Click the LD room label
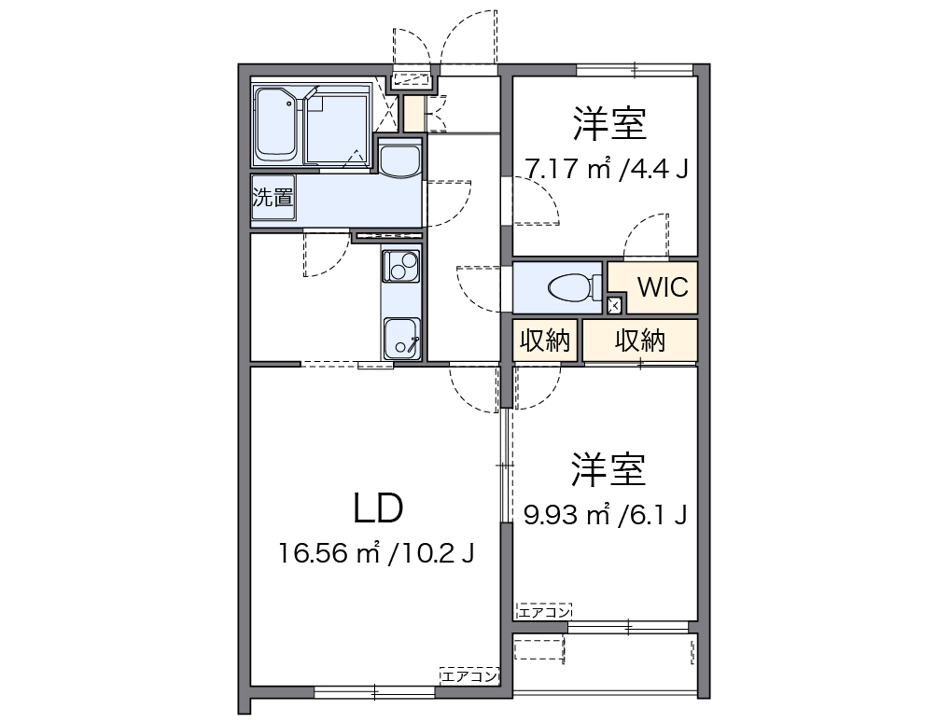(x=378, y=508)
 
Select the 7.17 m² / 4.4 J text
(x=606, y=170)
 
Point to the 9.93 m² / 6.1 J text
(x=606, y=514)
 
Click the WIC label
(x=663, y=286)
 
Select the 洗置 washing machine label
(x=273, y=199)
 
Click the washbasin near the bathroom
(x=401, y=160)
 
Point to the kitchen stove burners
(x=401, y=269)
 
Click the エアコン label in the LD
(x=469, y=675)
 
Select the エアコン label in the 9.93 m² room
(x=543, y=611)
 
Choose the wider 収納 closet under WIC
(x=640, y=341)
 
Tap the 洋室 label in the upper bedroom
(x=610, y=123)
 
